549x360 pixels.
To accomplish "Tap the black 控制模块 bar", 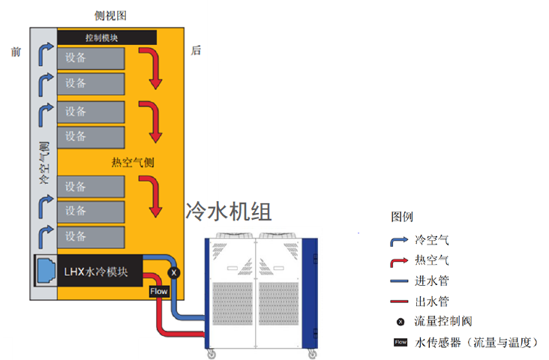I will click(x=106, y=37).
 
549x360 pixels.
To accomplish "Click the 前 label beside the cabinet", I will click(x=16, y=51).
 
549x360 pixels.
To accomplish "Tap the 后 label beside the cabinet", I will click(x=196, y=51).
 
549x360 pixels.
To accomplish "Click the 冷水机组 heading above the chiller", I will click(x=228, y=211).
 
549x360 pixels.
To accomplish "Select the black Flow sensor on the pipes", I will click(x=158, y=291).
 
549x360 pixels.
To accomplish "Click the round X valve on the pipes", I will click(x=175, y=273).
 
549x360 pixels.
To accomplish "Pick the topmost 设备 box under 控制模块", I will click(x=91, y=58).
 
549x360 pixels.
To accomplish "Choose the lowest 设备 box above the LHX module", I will click(x=91, y=235).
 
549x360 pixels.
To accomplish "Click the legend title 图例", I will click(x=402, y=216).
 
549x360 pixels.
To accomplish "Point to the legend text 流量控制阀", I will click(x=442, y=322).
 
